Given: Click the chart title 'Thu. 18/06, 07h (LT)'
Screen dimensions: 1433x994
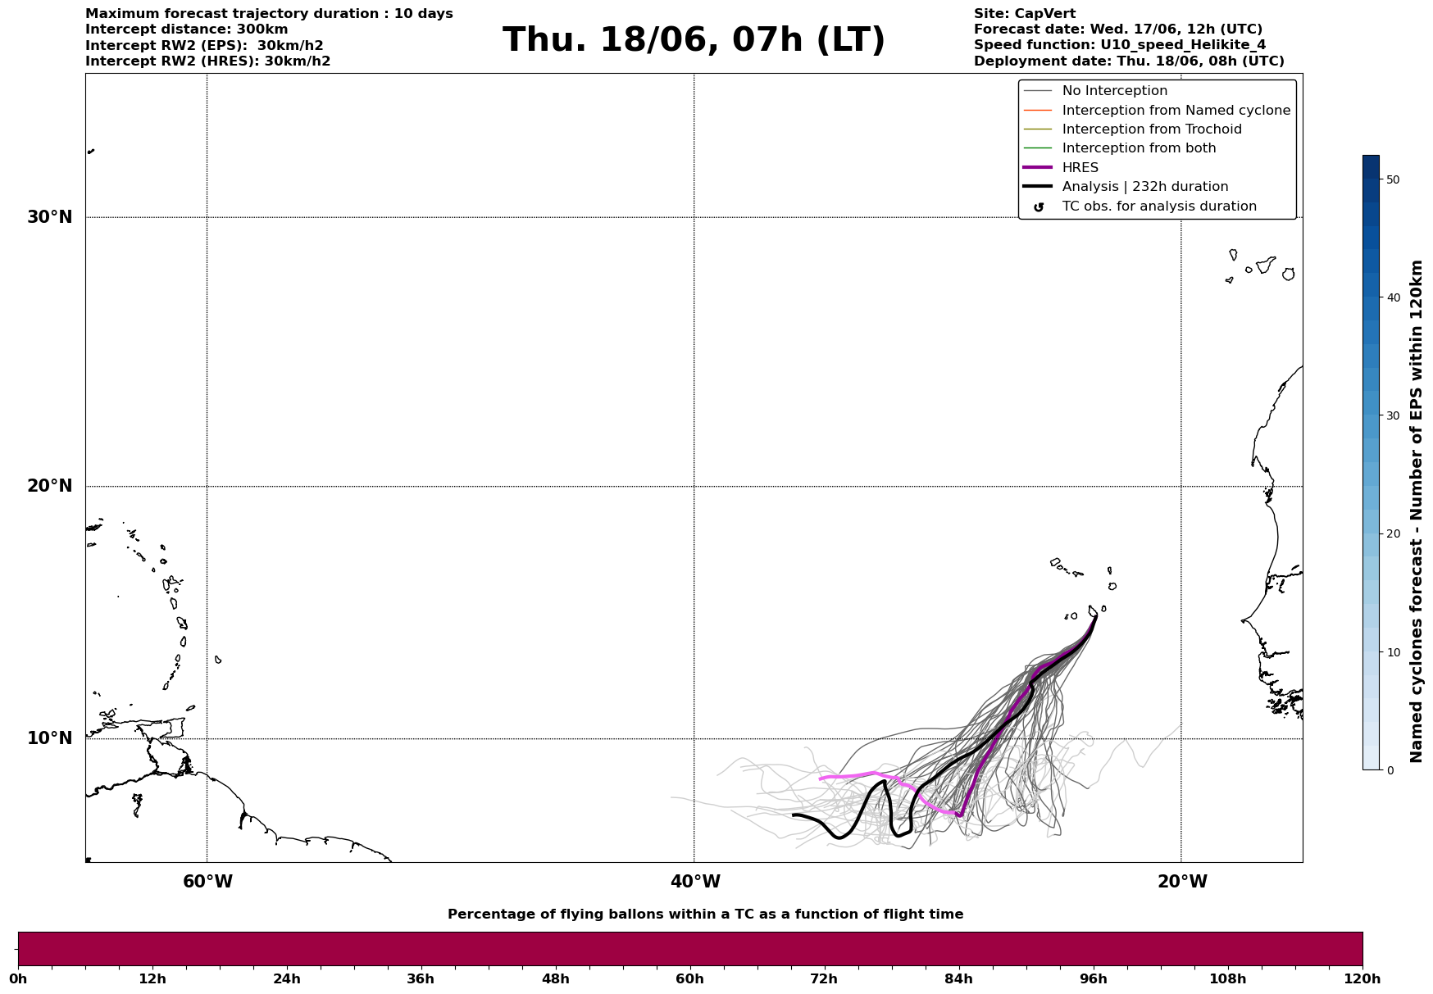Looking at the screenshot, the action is tap(694, 40).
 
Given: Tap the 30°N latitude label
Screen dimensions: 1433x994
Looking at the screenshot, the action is tap(50, 217).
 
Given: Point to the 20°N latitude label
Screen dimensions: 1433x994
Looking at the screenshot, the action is tap(50, 486).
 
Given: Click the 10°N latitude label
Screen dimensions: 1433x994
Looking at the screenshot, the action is tap(50, 738).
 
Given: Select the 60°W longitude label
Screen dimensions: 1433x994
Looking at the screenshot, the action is tap(207, 882).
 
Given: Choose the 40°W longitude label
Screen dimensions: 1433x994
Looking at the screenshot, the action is tap(695, 882).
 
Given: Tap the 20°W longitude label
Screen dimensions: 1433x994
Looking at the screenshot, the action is tap(1182, 882).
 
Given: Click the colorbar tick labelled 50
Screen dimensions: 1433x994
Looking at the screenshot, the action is tap(1392, 179).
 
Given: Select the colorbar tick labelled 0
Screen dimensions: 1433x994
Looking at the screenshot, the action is tap(1390, 770).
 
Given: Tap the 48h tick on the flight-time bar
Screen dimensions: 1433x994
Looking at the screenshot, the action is tap(555, 978).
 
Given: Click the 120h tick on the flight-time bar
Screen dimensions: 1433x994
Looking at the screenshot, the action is tap(1362, 978).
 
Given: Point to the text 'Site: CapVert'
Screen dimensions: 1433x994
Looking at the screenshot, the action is tap(1025, 14).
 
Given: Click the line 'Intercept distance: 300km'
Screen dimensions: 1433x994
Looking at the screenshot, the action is tap(187, 30).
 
